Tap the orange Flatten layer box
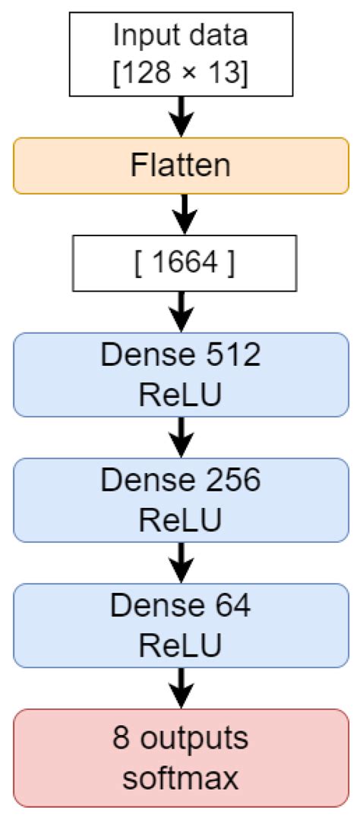[180, 165]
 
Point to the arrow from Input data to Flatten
[180, 116]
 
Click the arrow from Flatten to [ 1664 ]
[180, 215]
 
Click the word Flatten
[180, 165]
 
